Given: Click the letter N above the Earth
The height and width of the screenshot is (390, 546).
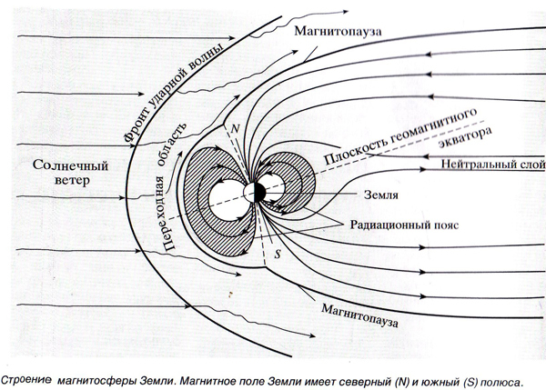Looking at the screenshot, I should (236, 130).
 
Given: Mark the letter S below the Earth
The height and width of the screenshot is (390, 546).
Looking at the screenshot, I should (278, 253).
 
